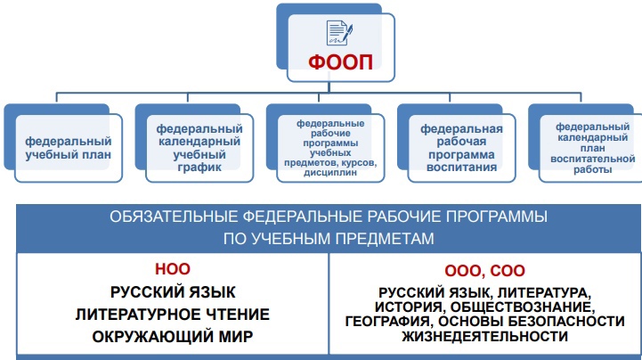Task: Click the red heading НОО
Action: (173, 270)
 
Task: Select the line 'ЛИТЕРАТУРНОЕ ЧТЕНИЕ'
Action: (173, 315)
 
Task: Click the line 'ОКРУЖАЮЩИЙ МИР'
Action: (173, 337)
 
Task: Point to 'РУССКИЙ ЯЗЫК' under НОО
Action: (173, 292)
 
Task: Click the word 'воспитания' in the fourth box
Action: (461, 166)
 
